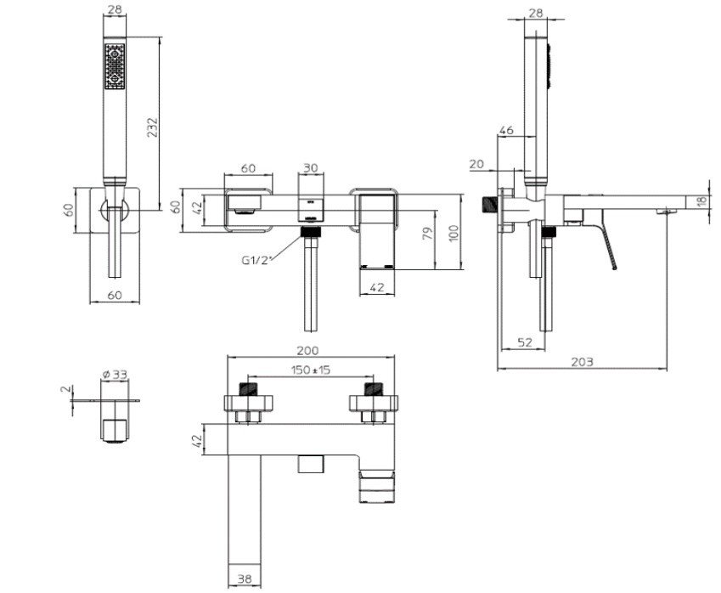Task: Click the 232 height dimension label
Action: [153, 127]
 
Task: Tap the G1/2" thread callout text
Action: [257, 260]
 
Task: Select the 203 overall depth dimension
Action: [582, 362]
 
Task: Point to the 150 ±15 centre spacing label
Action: [311, 370]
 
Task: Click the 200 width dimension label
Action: [307, 351]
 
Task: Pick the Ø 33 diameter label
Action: [115, 375]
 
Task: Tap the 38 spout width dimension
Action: [245, 579]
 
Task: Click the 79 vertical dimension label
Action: [428, 233]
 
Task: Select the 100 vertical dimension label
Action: [453, 234]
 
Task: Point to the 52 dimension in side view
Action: [525, 342]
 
